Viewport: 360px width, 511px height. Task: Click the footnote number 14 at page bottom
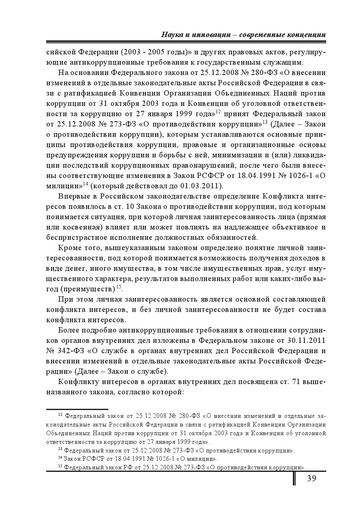coord(60,457)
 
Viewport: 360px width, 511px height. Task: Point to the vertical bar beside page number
coord(295,478)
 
